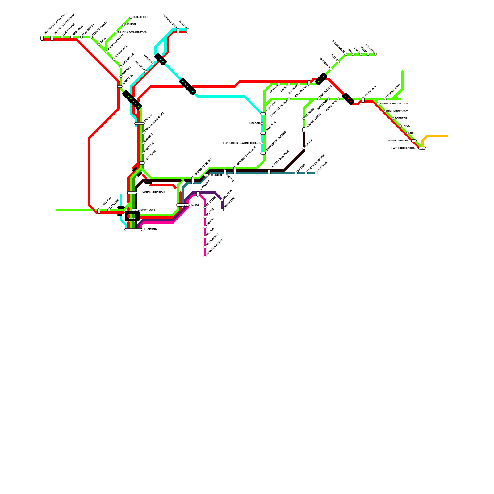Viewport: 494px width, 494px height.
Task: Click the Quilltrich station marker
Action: pyautogui.click(x=131, y=17)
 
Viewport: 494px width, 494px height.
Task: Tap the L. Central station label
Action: pyautogui.click(x=152, y=230)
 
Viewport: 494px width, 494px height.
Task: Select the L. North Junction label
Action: pyautogui.click(x=152, y=193)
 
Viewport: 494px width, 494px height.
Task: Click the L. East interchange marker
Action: pyautogui.click(x=183, y=205)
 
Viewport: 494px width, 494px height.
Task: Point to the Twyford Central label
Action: pyautogui.click(x=404, y=148)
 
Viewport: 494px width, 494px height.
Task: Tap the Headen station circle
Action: pyautogui.click(x=262, y=124)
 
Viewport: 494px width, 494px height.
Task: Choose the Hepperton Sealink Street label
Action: pyautogui.click(x=241, y=143)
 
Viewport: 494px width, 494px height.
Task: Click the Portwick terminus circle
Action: pyautogui.click(x=316, y=173)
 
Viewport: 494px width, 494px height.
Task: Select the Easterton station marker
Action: pyautogui.click(x=222, y=210)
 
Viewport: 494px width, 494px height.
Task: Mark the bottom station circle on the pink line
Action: pyautogui.click(x=205, y=257)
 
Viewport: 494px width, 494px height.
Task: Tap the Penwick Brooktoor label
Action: pyautogui.click(x=394, y=104)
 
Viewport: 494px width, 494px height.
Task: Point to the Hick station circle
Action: pyautogui.click(x=400, y=126)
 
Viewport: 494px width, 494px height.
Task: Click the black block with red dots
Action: pyautogui.click(x=348, y=98)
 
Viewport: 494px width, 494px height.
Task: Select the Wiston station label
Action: pyautogui.click(x=216, y=175)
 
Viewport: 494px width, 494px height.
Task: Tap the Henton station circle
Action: pyautogui.click(x=124, y=25)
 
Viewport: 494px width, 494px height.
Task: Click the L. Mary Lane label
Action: pyautogui.click(x=146, y=210)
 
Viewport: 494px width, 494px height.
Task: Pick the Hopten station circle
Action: pyautogui.click(x=304, y=148)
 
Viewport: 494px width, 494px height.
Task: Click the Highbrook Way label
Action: pyautogui.click(x=398, y=111)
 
